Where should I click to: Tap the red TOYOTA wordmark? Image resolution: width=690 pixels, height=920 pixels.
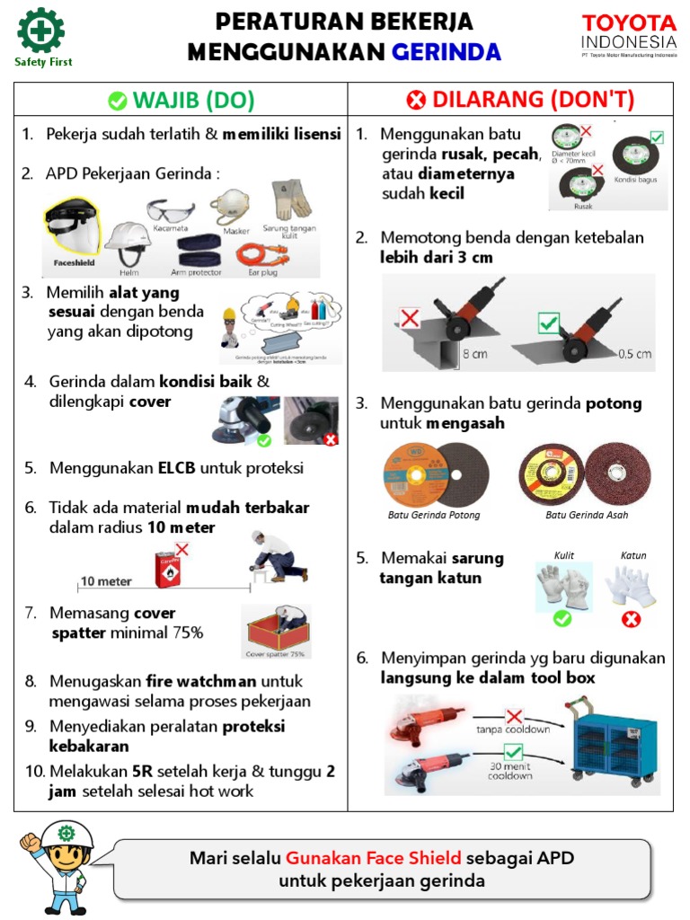pyautogui.click(x=629, y=22)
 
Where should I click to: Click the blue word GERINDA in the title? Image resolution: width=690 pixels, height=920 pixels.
pyautogui.click(x=446, y=52)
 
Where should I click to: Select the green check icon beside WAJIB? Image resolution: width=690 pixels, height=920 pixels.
pyautogui.click(x=117, y=101)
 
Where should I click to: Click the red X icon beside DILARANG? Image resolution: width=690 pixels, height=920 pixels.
pyautogui.click(x=416, y=101)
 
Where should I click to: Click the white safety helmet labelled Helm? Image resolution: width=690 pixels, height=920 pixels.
pyautogui.click(x=127, y=241)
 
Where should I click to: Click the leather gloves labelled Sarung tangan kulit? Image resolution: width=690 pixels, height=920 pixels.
pyautogui.click(x=290, y=199)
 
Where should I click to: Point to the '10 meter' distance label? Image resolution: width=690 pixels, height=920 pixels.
pyautogui.click(x=106, y=581)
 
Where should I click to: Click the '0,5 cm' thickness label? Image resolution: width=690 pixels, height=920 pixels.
pyautogui.click(x=634, y=353)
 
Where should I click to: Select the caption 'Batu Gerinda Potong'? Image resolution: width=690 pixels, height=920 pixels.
pyautogui.click(x=434, y=515)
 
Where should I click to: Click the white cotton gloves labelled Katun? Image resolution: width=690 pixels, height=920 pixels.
pyautogui.click(x=632, y=587)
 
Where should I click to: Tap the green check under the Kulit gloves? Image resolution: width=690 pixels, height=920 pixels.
pyautogui.click(x=562, y=618)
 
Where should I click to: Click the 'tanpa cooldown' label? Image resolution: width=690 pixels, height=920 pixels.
pyautogui.click(x=513, y=729)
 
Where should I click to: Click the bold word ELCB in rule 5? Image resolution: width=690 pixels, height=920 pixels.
pyautogui.click(x=177, y=468)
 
